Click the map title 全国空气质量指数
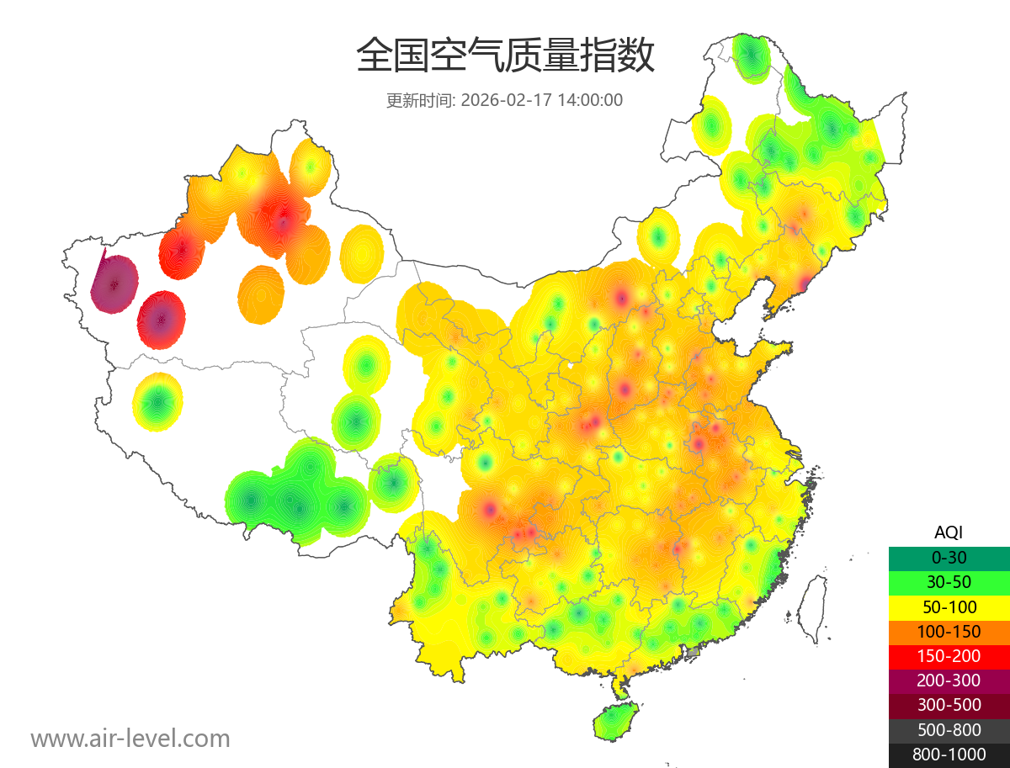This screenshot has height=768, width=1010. click(505, 56)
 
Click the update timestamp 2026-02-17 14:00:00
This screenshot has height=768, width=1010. click(542, 100)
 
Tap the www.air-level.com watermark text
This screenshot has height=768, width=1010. click(130, 739)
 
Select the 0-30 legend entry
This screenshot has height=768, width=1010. click(949, 558)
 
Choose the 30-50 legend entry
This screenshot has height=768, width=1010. click(949, 582)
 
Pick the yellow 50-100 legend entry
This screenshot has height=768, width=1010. click(949, 606)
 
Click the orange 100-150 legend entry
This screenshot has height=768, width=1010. click(949, 632)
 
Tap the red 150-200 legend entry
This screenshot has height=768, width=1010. click(949, 656)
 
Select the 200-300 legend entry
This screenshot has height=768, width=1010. click(949, 681)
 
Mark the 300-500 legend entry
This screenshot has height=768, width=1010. click(949, 705)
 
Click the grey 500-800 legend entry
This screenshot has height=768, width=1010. click(949, 729)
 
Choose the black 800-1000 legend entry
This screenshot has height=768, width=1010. click(949, 755)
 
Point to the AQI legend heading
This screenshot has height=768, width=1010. click(949, 532)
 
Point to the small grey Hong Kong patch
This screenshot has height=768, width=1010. click(694, 652)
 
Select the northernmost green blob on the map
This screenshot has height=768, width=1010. click(751, 56)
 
